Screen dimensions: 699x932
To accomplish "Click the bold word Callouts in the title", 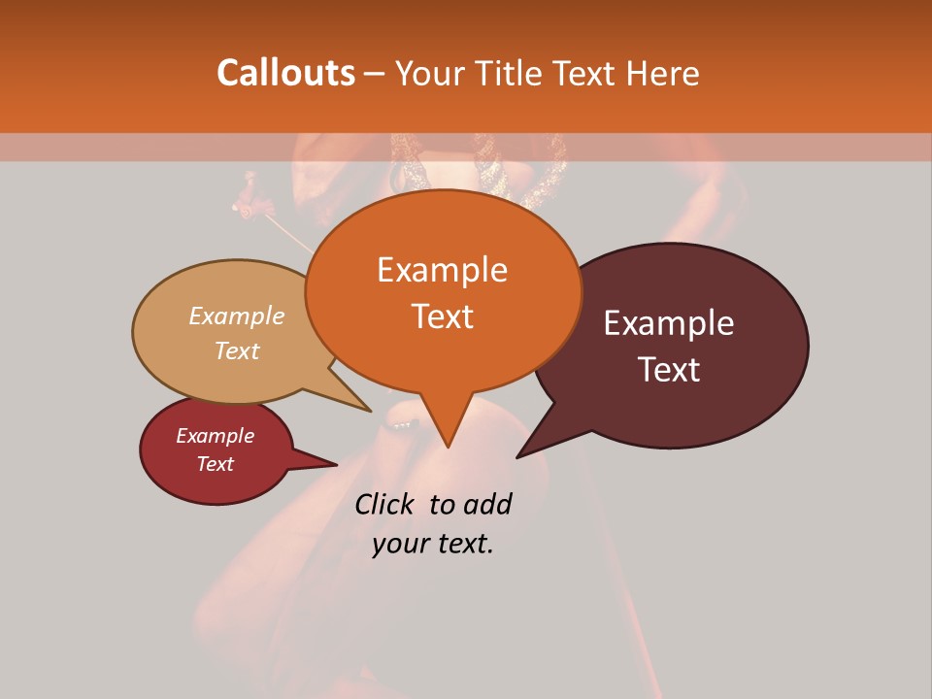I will pos(285,73).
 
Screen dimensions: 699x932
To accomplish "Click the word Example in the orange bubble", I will pos(442,270).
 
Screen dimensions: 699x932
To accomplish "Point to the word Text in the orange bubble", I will pos(442,316).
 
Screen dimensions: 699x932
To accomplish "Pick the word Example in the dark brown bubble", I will pos(669,323).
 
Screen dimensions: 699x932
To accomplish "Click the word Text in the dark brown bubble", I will pos(669,370).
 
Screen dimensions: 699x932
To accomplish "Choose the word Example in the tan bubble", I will pos(237,316).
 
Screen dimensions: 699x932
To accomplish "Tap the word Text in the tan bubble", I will pos(237,350).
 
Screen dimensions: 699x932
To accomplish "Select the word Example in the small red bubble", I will pos(216,436).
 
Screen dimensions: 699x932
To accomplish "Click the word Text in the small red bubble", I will pos(216,464).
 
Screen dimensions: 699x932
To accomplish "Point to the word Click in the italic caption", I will pos(385,504).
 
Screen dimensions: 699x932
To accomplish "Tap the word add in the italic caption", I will pos(487,504).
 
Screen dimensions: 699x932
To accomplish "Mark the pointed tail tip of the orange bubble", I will pos(448,447).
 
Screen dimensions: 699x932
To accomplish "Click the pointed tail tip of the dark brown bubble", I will pos(516,457).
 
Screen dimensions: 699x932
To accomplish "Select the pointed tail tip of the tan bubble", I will pos(371,411).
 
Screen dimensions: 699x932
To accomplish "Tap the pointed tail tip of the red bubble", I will pos(337,465).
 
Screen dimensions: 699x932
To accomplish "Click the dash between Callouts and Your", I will pos(376,74).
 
